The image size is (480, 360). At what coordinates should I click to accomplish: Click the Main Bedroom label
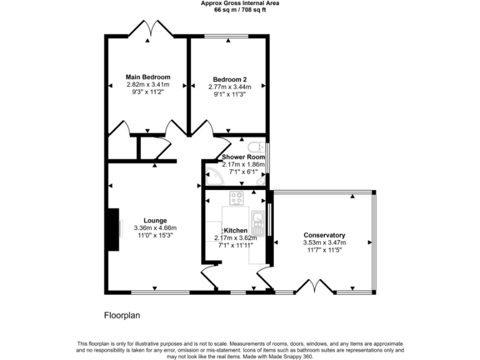[147, 77]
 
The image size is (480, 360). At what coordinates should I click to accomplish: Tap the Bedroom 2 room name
[229, 79]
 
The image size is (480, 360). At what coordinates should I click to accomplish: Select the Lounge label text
[155, 220]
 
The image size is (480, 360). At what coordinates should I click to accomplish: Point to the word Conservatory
[324, 235]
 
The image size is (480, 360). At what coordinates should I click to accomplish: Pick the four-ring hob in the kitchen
[237, 199]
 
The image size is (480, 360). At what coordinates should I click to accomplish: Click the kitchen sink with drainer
[257, 221]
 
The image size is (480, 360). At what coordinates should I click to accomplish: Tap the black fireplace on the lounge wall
[112, 229]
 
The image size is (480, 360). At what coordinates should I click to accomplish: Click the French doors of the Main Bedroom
[147, 29]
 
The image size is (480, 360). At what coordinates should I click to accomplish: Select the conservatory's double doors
[312, 287]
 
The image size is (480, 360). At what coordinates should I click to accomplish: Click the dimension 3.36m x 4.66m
[155, 228]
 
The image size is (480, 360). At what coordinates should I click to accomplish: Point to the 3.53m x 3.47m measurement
[324, 242]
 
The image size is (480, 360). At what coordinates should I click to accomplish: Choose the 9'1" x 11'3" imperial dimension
[229, 94]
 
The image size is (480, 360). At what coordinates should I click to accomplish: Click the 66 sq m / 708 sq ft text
[239, 10]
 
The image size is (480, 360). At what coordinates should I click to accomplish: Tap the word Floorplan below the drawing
[122, 316]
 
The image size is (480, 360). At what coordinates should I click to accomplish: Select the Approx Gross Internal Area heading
[239, 3]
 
